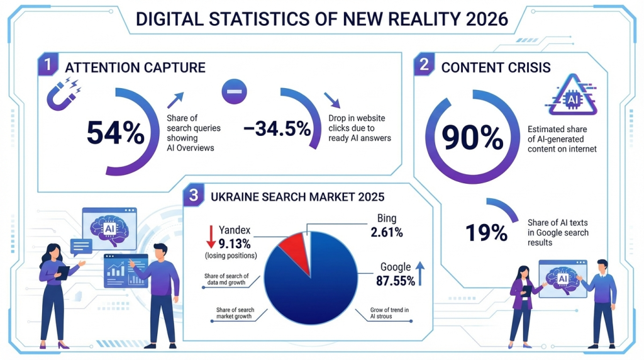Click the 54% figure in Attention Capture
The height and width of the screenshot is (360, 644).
115,132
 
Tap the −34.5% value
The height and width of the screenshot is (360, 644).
277,129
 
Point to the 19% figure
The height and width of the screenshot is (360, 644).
486,232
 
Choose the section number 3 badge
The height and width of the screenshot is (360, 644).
193,196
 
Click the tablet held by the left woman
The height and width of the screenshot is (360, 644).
64,271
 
